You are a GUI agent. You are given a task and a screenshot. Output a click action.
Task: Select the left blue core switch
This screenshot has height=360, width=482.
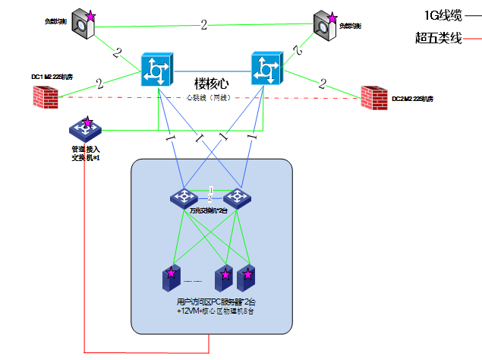pos(158,70)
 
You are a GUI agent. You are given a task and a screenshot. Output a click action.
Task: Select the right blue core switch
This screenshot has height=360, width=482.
pos(266,70)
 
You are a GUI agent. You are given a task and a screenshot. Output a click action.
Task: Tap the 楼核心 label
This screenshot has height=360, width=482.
pos(212,83)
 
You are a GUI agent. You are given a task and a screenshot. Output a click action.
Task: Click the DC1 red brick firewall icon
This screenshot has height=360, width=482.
pos(46,96)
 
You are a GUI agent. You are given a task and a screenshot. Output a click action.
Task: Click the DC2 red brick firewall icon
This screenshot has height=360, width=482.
pos(374,97)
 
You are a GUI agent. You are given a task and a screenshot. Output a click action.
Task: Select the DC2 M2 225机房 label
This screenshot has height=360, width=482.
pos(413,99)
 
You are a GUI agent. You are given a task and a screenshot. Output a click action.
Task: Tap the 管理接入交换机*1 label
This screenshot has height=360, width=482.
pos(85,153)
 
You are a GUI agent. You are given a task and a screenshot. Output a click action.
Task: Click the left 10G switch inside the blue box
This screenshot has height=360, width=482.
pos(184,197)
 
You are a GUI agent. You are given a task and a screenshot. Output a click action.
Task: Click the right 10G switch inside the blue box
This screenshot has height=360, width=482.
pos(237,197)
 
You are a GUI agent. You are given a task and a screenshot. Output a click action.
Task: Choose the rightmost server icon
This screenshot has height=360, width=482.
pos(246,279)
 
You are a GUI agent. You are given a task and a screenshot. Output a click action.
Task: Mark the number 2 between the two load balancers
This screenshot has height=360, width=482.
pos(203,25)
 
